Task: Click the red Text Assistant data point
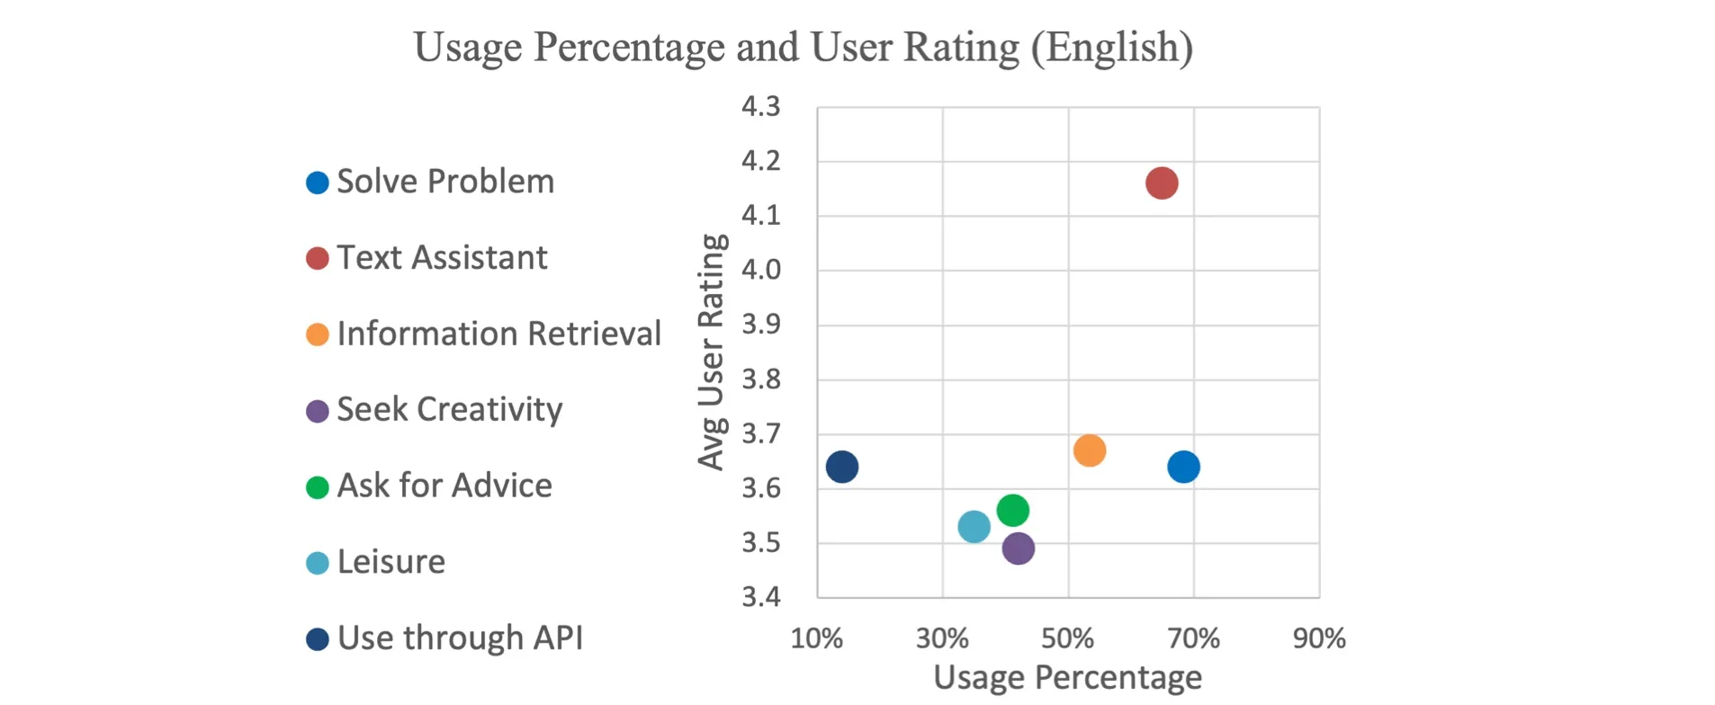click(1162, 183)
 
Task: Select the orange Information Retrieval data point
click(1090, 451)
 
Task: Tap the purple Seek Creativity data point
click(1018, 549)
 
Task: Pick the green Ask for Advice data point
click(1013, 511)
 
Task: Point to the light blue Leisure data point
click(974, 527)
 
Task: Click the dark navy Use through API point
click(842, 467)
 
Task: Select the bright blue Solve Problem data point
click(1183, 467)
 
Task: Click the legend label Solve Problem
click(445, 182)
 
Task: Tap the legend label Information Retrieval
click(498, 334)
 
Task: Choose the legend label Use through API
click(460, 638)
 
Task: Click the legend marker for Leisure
click(318, 564)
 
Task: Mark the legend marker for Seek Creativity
click(318, 412)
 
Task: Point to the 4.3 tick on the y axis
click(761, 107)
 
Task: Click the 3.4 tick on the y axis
click(761, 596)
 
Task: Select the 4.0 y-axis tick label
click(761, 270)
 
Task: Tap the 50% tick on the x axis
click(1067, 638)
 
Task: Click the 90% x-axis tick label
click(1319, 638)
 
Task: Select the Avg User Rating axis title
click(711, 352)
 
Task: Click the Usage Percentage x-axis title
click(1067, 677)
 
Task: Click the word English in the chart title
click(1112, 47)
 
